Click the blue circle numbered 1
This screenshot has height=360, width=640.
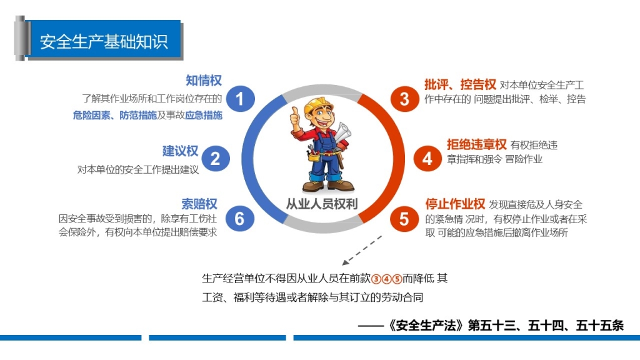coord(240,99)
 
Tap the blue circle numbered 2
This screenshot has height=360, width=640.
coord(215,158)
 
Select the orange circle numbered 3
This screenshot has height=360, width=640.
coord(404,98)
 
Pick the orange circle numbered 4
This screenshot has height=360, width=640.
coord(427,158)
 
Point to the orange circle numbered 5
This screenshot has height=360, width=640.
coord(404,218)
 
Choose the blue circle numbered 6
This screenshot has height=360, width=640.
coord(240,218)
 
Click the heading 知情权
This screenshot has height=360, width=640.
coord(204,81)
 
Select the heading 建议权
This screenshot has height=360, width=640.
coord(181,151)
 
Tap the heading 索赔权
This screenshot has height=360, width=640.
coord(199,204)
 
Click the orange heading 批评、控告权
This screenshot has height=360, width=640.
coord(460,84)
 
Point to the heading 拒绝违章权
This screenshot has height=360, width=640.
coord(477,144)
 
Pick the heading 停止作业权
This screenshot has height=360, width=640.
coord(455,204)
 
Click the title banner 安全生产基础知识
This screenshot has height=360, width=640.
coord(104,42)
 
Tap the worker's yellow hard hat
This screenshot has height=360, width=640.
coord(317,105)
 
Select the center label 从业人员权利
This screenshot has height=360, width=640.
coord(322,204)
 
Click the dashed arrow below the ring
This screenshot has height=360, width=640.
coord(362,250)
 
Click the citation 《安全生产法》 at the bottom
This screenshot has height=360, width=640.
coord(426,325)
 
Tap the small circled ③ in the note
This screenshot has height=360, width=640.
coord(376,279)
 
